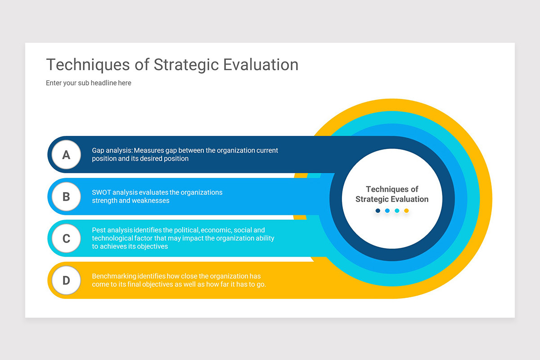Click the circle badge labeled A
pyautogui.click(x=66, y=155)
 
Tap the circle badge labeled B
pyautogui.click(x=66, y=197)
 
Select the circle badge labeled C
pyautogui.click(x=66, y=238)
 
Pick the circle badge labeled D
pyautogui.click(x=66, y=280)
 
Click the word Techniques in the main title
pyautogui.click(x=88, y=65)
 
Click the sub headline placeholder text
pyautogui.click(x=89, y=83)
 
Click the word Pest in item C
pyautogui.click(x=99, y=230)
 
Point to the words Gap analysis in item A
pyautogui.click(x=112, y=150)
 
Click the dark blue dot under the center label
pyautogui.click(x=378, y=211)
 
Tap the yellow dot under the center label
pyautogui.click(x=406, y=211)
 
